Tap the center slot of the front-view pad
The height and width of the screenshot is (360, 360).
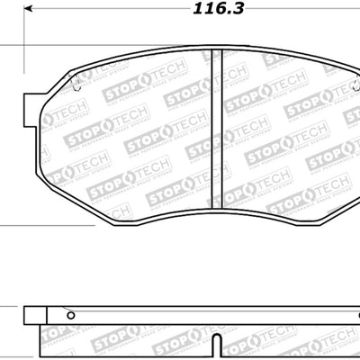(x=216, y=135)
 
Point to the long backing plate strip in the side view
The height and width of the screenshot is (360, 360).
(x=198, y=315)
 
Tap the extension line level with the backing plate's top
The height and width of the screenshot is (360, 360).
(x=9, y=308)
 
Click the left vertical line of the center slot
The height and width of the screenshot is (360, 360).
(x=211, y=135)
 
